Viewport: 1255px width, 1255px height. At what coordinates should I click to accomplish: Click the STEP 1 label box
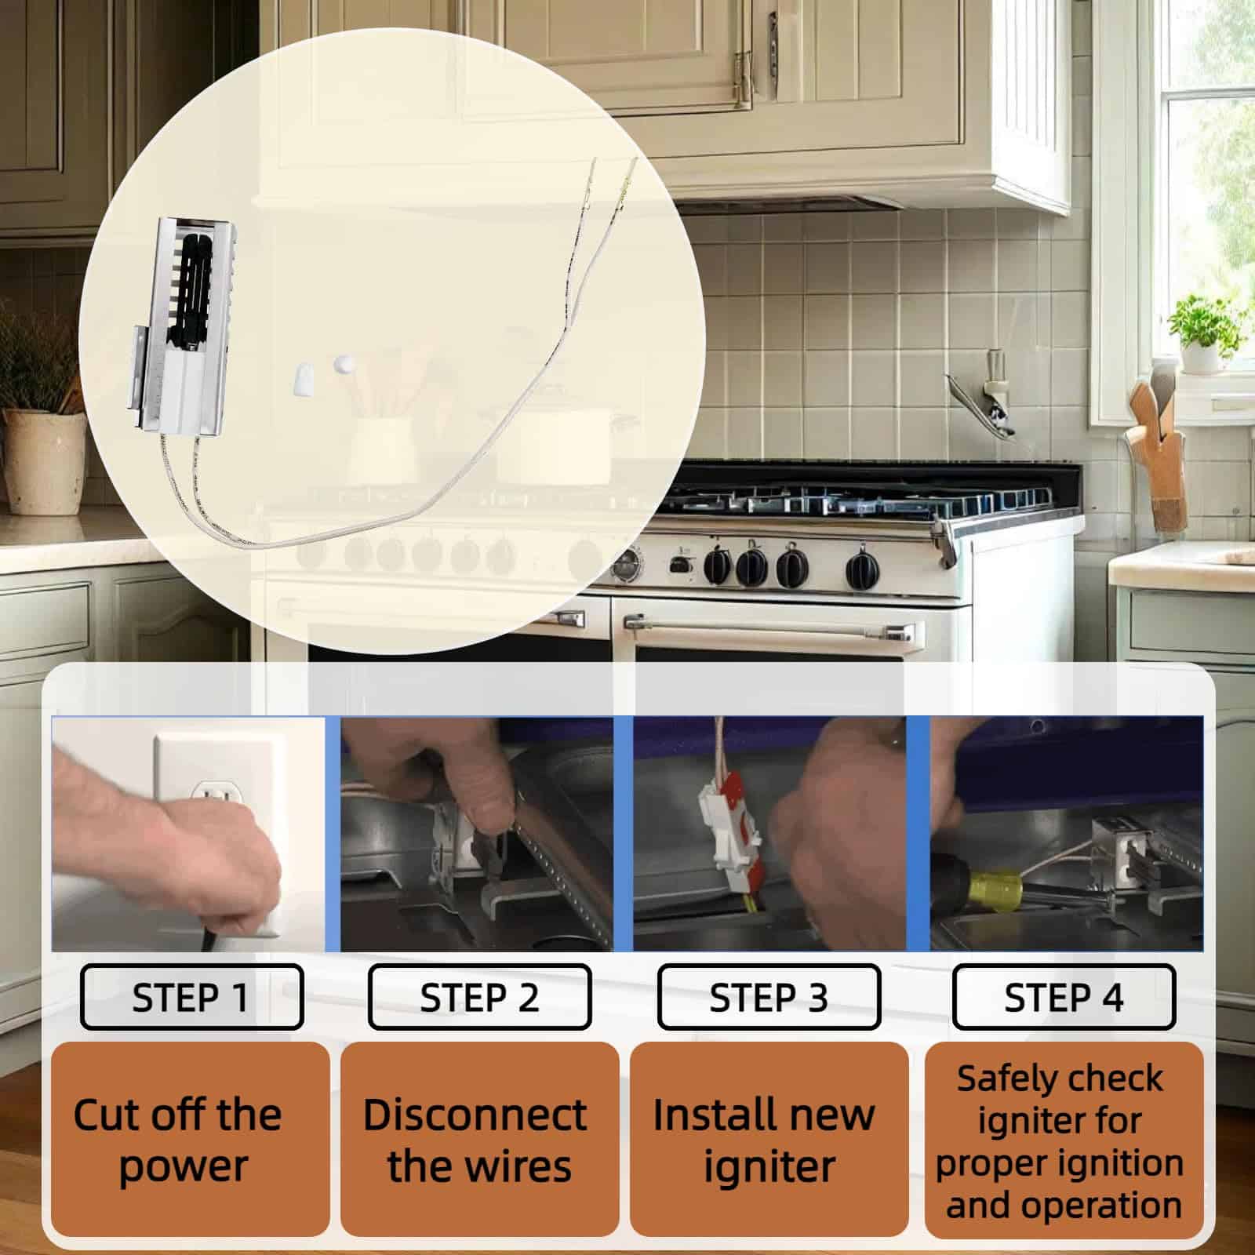click(191, 997)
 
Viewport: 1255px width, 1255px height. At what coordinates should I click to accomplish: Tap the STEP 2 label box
click(479, 997)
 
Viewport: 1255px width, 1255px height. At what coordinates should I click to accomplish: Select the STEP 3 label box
click(769, 997)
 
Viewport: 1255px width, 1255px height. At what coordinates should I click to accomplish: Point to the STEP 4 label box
click(1064, 997)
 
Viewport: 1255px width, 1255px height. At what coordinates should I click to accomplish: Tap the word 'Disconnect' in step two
click(475, 1115)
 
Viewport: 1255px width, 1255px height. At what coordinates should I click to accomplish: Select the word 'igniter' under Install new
click(769, 1167)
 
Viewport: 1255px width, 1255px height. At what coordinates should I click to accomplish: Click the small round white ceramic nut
click(343, 366)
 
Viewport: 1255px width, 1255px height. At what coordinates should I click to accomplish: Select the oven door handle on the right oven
click(769, 627)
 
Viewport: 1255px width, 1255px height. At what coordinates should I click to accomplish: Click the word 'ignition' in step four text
click(1126, 1162)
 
